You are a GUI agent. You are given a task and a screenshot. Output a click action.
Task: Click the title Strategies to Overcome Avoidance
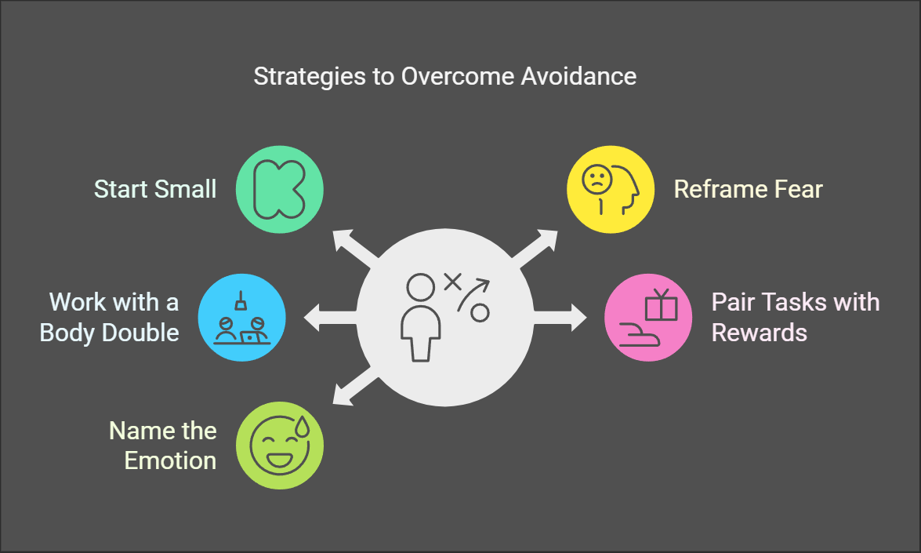tap(444, 77)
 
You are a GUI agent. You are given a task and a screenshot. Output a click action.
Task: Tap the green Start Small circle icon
tap(280, 189)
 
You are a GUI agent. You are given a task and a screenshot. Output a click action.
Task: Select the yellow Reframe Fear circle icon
tap(611, 189)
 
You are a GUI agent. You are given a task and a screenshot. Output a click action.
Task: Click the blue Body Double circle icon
tap(242, 318)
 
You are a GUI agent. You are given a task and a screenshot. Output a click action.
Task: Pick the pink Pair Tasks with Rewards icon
tap(648, 318)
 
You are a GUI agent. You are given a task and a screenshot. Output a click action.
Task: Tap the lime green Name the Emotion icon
tap(280, 446)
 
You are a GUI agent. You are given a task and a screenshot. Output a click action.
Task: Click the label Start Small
tap(155, 189)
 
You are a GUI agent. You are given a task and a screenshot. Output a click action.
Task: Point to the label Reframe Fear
tap(749, 189)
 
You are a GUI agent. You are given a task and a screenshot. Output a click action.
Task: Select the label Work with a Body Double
tap(110, 317)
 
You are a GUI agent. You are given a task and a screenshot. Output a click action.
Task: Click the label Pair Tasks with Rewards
tap(795, 317)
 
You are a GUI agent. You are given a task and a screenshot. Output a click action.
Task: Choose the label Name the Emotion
tap(162, 445)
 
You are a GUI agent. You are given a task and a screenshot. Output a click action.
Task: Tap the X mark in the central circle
tap(452, 282)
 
